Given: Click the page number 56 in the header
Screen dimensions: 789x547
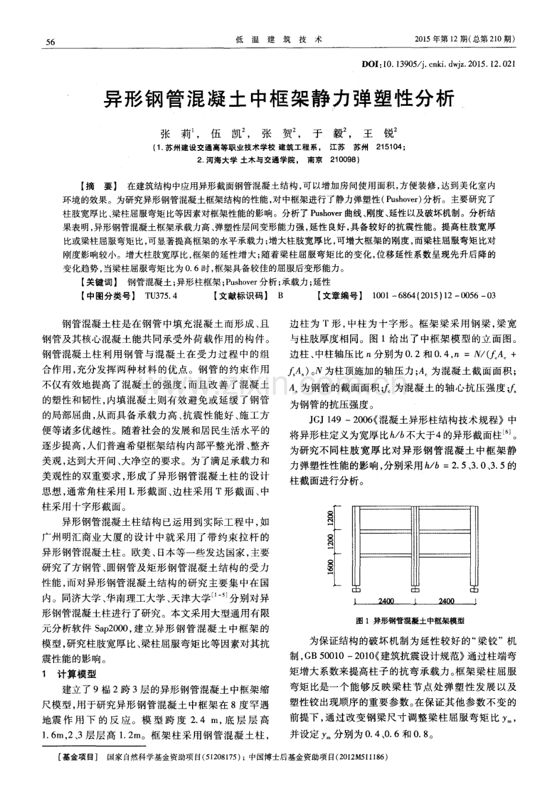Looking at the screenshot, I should [51, 41].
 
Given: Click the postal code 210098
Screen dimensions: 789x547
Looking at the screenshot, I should [342, 160].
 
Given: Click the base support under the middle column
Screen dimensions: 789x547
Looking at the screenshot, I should [414, 590].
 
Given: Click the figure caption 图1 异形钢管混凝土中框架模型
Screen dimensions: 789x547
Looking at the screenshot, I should [410, 620].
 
